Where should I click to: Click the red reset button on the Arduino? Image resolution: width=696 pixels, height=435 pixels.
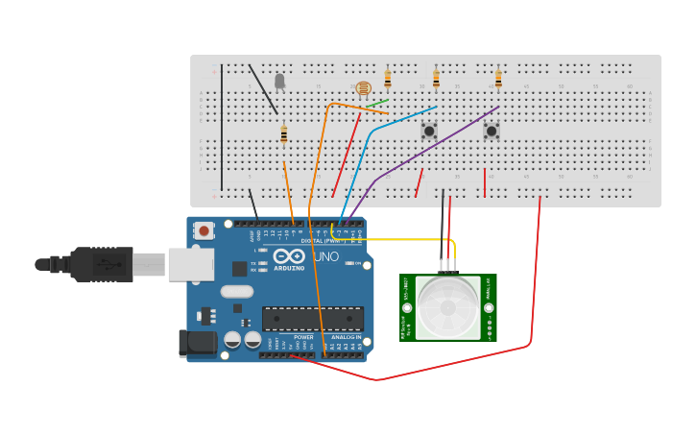204,230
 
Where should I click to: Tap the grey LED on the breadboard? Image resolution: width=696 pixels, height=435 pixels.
279,82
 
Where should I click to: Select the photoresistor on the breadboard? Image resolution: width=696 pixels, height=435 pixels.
363,89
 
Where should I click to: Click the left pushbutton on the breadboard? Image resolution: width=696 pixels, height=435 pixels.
429,130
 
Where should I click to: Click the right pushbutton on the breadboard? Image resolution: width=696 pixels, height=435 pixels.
492,130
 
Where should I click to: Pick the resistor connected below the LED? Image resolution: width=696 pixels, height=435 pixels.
284,134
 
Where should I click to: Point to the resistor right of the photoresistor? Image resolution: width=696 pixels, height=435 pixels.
388,79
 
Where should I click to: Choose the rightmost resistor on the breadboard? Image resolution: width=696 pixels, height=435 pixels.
498,79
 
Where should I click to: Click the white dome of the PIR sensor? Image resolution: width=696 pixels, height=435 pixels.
446,307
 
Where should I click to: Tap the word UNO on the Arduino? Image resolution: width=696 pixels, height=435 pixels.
325,257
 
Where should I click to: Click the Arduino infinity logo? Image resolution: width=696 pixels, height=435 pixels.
289,256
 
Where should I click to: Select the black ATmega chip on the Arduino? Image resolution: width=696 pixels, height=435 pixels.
313,318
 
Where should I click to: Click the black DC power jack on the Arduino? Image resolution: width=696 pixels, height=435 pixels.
198,342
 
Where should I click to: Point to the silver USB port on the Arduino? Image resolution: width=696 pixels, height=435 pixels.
190,264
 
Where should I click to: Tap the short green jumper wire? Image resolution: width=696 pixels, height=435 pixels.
377,103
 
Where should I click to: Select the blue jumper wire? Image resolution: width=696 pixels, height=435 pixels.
365,144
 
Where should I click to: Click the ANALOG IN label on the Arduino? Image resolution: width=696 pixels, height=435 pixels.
346,337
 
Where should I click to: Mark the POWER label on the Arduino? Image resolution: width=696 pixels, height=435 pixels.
303,337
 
